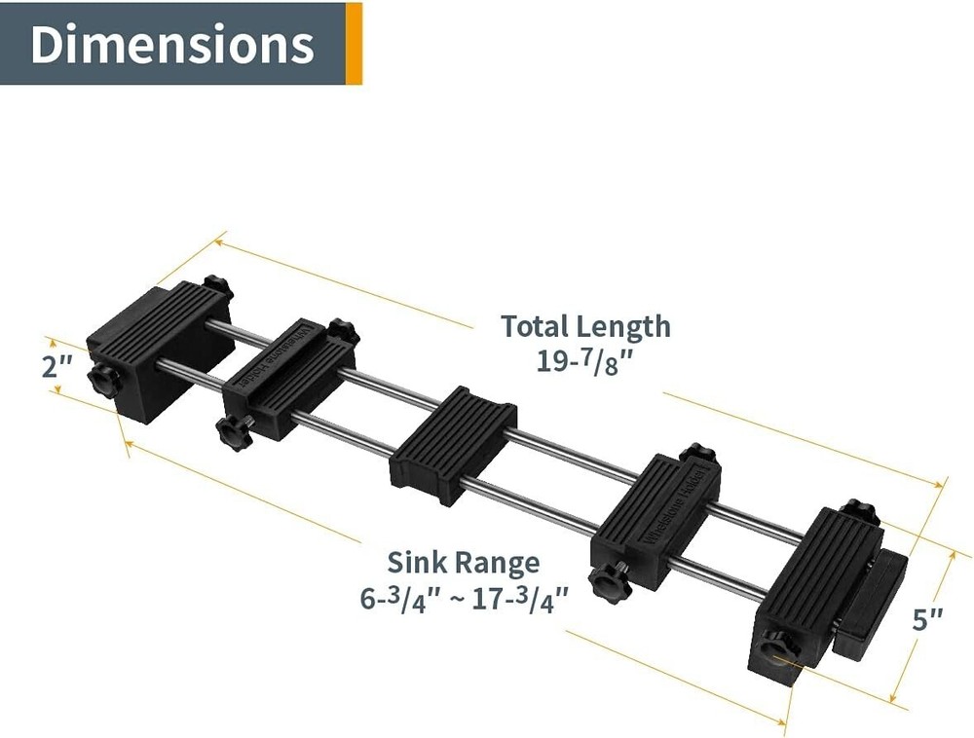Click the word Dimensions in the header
click(x=172, y=44)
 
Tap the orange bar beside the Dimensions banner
click(x=354, y=44)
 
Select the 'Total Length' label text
click(x=585, y=326)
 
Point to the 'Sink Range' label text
click(x=464, y=563)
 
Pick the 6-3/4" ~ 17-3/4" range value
click(x=464, y=600)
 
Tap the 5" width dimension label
click(x=927, y=619)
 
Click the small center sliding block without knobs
click(x=453, y=444)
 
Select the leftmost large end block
click(x=159, y=351)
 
